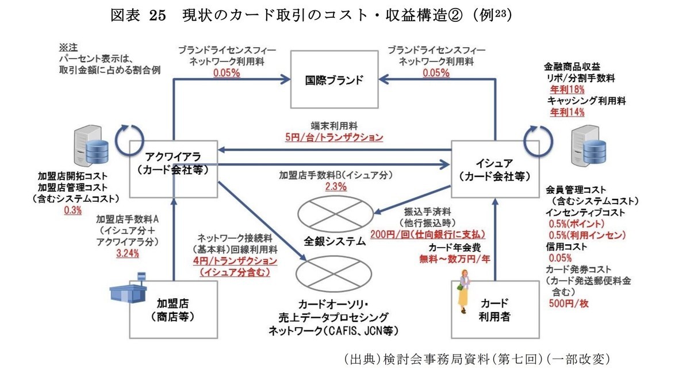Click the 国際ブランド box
click(334, 79)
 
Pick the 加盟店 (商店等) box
click(173, 309)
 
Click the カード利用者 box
click(495, 309)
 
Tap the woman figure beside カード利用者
click(463, 296)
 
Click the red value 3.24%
click(127, 253)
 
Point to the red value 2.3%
click(336, 186)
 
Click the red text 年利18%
click(567, 89)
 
